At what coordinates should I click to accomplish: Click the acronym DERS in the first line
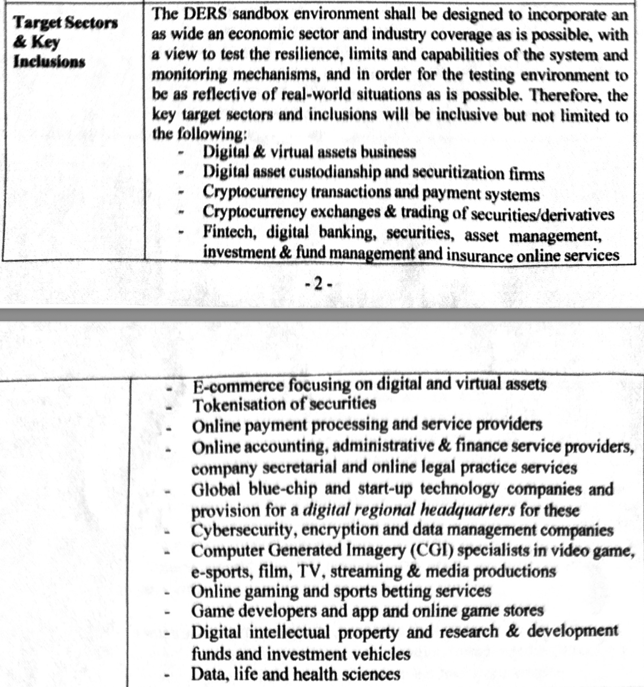[205, 14]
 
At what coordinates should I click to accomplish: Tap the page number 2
[318, 284]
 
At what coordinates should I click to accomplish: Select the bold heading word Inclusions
[49, 62]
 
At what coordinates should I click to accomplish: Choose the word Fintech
[229, 232]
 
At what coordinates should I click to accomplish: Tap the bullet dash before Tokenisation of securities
[169, 407]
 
